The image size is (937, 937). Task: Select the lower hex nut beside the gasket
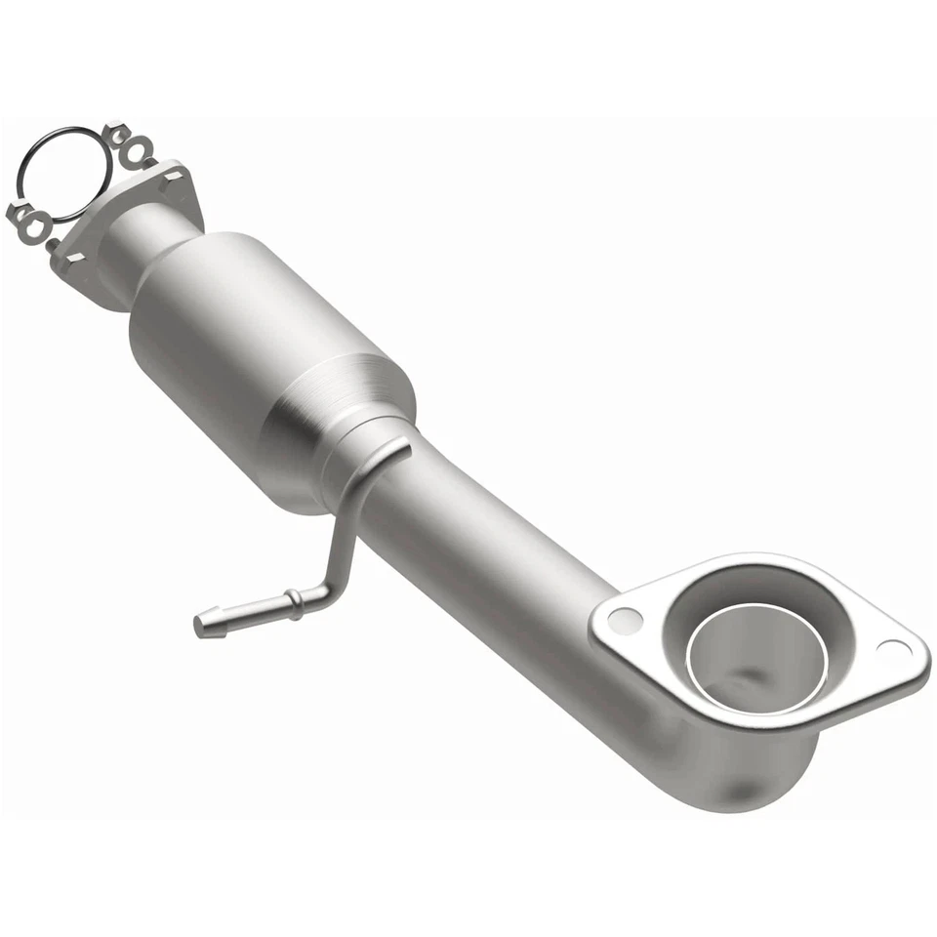coord(20,213)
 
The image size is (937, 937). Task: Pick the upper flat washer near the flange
coord(142,152)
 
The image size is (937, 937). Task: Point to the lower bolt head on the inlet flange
coord(71,259)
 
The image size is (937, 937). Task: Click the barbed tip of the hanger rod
coord(206,623)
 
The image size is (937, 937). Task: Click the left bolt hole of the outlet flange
coord(625,619)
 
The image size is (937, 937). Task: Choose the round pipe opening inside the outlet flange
coord(756,656)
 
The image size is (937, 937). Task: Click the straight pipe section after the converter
coord(488,547)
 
